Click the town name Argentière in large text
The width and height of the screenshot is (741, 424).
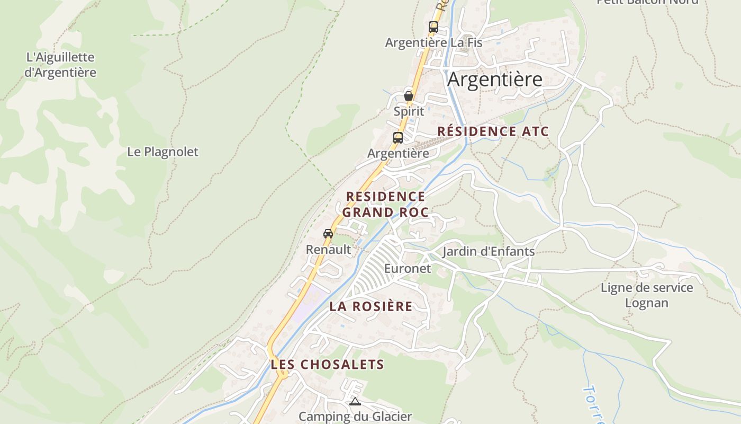point(495,79)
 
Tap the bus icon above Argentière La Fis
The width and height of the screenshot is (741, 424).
point(433,27)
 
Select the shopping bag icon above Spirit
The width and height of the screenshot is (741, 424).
point(409,96)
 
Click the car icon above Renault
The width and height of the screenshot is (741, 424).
point(328,233)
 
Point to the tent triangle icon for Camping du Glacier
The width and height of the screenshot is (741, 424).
point(355,401)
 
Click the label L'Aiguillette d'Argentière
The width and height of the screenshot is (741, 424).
point(60,65)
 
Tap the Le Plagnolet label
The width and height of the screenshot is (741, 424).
point(162,152)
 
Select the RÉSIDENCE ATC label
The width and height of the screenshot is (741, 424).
point(493,131)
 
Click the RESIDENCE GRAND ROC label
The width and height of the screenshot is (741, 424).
point(385,205)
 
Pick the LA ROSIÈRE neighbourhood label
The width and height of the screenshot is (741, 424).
point(371,306)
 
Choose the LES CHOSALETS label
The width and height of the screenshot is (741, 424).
point(327,365)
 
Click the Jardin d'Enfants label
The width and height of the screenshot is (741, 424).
point(489,251)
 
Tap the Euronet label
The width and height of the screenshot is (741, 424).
point(408,269)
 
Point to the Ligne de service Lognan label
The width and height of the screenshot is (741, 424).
point(647,295)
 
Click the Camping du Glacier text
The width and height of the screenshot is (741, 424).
point(355,417)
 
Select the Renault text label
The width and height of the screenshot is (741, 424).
point(328,250)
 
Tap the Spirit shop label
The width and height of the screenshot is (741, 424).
point(409,111)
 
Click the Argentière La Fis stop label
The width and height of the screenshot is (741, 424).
point(433,42)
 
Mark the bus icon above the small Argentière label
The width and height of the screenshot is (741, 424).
point(398,138)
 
